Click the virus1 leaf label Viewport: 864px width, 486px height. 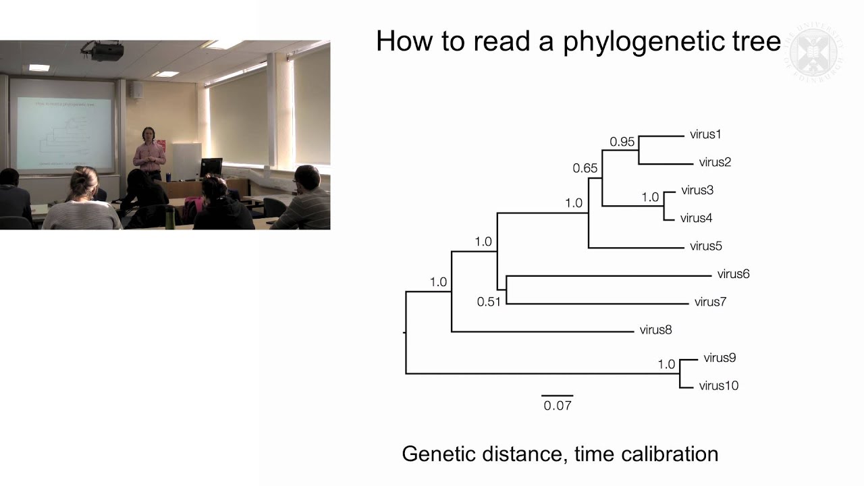pyautogui.click(x=705, y=134)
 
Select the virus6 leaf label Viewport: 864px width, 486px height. pyautogui.click(x=733, y=274)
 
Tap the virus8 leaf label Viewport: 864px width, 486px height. pyautogui.click(x=655, y=330)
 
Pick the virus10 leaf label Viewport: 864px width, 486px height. pyautogui.click(x=718, y=386)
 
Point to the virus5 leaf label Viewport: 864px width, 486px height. pyautogui.click(x=706, y=246)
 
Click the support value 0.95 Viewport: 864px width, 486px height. pyautogui.click(x=622, y=142)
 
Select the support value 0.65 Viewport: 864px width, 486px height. pyautogui.click(x=585, y=168)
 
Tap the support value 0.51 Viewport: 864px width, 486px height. pyautogui.click(x=489, y=302)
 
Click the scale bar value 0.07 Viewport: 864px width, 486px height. pyautogui.click(x=558, y=406)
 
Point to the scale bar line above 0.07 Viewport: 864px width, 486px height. pyautogui.click(x=557, y=396)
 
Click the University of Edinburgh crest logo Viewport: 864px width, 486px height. pyautogui.click(x=816, y=52)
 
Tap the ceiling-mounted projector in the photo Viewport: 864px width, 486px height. pyautogui.click(x=103, y=51)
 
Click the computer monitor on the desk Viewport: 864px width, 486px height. pyautogui.click(x=211, y=167)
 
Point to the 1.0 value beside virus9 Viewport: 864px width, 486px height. pyautogui.click(x=666, y=364)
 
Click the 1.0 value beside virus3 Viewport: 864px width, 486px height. pyautogui.click(x=649, y=197)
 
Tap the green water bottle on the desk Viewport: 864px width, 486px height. pyautogui.click(x=170, y=217)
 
